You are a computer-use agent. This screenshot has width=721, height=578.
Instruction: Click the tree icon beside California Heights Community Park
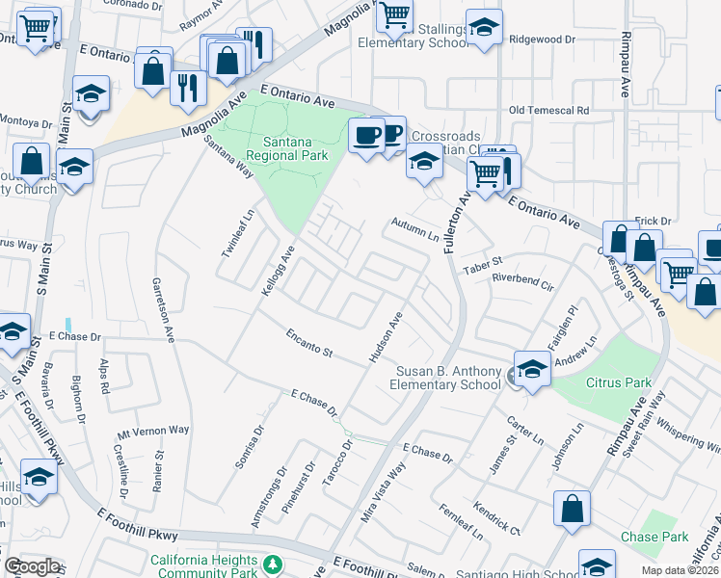tap(274, 563)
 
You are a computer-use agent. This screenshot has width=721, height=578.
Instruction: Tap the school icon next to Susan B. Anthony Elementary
tap(532, 368)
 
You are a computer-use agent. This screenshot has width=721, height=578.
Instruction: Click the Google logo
tap(32, 566)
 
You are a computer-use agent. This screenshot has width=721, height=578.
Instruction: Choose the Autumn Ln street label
tap(414, 229)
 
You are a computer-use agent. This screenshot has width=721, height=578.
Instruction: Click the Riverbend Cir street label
tap(522, 281)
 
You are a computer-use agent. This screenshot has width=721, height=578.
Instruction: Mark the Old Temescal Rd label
tap(548, 111)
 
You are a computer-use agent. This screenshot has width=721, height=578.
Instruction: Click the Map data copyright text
tap(679, 570)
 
